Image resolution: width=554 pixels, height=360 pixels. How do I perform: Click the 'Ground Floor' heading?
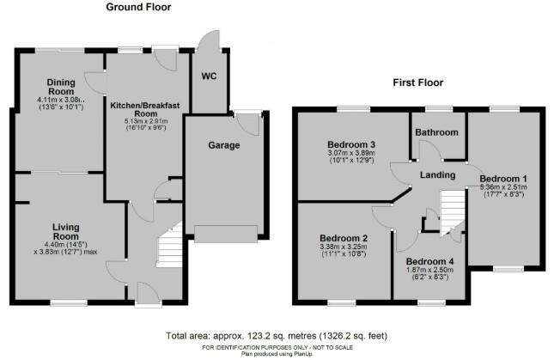[x=138, y=7]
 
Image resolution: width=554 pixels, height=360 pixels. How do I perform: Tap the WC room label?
[x=209, y=76]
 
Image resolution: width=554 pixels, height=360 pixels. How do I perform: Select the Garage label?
[x=223, y=146]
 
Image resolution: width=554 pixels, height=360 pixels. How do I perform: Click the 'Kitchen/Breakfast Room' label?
[x=145, y=109]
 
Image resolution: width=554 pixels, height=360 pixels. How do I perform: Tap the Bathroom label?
[x=436, y=132]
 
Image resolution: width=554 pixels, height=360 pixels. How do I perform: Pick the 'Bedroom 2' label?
[x=344, y=238]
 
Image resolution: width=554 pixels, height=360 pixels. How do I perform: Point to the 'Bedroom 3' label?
[x=351, y=143]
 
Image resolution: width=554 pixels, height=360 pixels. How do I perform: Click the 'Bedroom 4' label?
[x=430, y=261]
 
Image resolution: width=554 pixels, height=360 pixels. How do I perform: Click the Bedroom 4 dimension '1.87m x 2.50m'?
[x=430, y=272]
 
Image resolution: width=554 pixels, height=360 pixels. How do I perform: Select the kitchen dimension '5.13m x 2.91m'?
[x=145, y=122]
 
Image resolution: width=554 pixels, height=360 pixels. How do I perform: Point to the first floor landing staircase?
[x=449, y=209]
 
